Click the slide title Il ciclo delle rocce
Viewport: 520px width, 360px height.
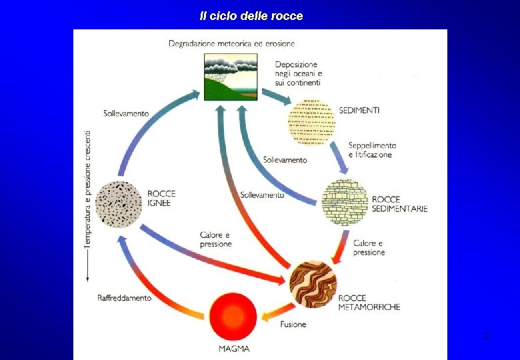tap(251, 15)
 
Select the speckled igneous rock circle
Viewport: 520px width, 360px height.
tap(119, 201)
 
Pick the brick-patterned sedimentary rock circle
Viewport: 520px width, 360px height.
tap(345, 203)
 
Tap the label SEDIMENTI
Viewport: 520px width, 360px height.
tap(359, 111)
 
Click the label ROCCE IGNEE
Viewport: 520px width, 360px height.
tap(161, 198)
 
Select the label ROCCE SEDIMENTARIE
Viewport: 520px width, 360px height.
tap(399, 203)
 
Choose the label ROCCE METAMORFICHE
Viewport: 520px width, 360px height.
tap(369, 302)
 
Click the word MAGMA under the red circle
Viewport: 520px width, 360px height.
tap(234, 349)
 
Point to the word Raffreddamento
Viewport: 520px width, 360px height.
tap(124, 298)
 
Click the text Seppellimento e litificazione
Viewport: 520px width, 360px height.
tap(372, 150)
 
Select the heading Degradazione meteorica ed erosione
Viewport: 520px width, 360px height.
tap(231, 44)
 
